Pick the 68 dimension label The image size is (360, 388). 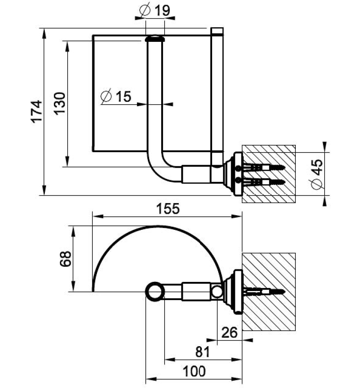coord(65,259)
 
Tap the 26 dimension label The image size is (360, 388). coord(229,333)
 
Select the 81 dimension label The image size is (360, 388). coord(202,352)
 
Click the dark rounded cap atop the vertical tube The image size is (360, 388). coord(154,39)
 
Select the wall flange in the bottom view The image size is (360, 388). coord(235,291)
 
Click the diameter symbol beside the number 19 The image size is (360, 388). coord(145,10)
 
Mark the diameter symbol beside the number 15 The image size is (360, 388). coord(106,97)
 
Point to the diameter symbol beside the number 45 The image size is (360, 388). coord(317,184)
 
